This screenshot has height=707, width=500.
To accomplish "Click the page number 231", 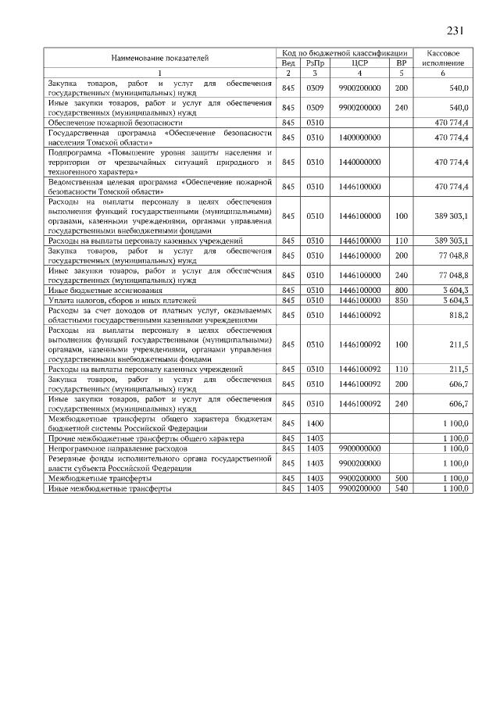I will (x=455, y=30).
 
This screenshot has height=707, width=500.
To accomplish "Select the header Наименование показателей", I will (x=159, y=57).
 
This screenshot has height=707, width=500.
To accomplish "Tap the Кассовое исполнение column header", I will (x=443, y=57).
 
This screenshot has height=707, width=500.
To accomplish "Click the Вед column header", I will (x=287, y=62).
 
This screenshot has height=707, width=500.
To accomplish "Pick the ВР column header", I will (x=402, y=62).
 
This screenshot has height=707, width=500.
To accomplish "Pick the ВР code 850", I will (x=402, y=300).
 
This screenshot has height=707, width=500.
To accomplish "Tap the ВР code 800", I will (x=402, y=290).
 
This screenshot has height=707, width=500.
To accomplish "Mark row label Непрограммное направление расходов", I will (x=118, y=450).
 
